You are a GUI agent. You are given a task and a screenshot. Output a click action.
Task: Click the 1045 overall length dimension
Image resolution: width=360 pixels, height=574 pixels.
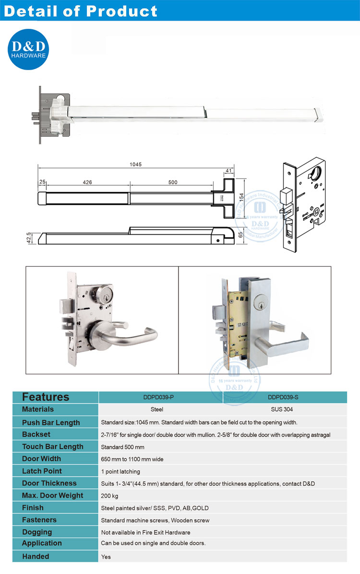pos(136,164)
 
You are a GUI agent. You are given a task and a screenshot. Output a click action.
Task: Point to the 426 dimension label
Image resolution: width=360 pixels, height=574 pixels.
pos(87,182)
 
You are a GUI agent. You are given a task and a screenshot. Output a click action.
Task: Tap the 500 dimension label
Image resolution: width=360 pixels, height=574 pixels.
pos(173,182)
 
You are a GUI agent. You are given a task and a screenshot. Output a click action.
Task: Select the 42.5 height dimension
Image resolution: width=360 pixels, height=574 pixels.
pos(30,238)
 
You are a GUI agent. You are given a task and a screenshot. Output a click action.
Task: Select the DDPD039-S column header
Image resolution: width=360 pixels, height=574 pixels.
pos(285,397)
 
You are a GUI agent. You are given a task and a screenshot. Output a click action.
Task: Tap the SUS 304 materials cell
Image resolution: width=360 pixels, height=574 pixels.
pos(285,409)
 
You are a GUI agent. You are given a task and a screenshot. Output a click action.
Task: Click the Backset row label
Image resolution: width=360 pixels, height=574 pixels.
pos(36,434)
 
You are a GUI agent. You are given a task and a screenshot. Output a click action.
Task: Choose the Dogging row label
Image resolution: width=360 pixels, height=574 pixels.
pos(37,532)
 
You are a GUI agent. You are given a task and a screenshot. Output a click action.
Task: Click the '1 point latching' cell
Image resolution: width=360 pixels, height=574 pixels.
pos(120,471)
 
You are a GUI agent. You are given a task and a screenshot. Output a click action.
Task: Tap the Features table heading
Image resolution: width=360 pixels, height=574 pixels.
pos(46,397)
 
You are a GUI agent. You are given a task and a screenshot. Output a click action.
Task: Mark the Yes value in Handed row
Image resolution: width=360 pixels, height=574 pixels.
pos(106,557)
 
